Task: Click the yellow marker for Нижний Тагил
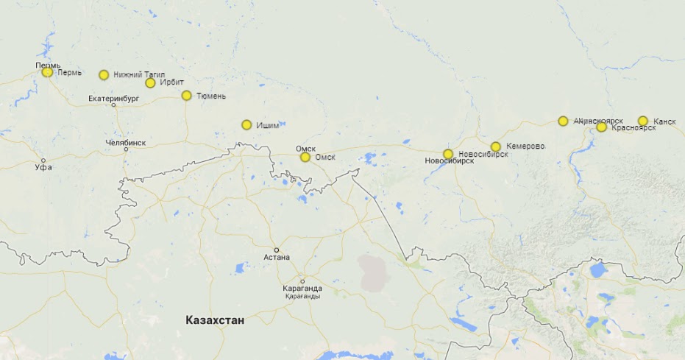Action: point(104,75)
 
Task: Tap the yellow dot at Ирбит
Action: point(150,83)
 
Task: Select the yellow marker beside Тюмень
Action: point(186,96)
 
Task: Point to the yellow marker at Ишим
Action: point(246,125)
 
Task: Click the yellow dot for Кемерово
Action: point(496,147)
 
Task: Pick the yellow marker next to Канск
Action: point(642,121)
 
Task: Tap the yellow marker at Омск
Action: point(305,157)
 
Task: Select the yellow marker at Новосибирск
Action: point(448,154)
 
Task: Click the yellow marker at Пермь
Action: point(48,72)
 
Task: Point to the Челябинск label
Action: point(126,142)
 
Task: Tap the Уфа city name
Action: point(43,168)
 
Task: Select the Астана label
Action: point(277,257)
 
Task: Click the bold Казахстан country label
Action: point(215,320)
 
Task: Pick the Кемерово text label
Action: point(525,147)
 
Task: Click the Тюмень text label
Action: point(211,96)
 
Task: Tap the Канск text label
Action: point(664,121)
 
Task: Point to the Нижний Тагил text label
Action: point(139,75)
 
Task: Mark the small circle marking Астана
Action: point(277,250)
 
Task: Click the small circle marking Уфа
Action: point(43,160)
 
